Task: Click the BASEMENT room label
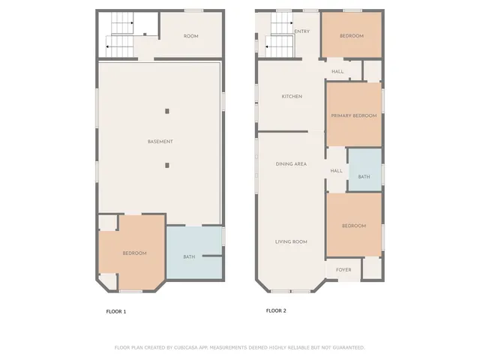160,142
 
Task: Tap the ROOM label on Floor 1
190,36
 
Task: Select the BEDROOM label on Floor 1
134,253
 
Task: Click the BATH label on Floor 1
189,257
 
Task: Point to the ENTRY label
302,31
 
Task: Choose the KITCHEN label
291,97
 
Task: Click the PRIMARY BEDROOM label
354,115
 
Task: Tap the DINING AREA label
291,163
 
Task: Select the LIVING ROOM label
291,241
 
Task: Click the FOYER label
343,270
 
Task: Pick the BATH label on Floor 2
364,177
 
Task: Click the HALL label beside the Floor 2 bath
336,170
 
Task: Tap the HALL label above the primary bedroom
337,71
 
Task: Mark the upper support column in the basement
167,111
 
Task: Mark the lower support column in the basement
167,165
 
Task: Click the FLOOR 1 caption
115,311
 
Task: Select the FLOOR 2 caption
276,310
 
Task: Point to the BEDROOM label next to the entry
351,36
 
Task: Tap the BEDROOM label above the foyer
354,226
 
